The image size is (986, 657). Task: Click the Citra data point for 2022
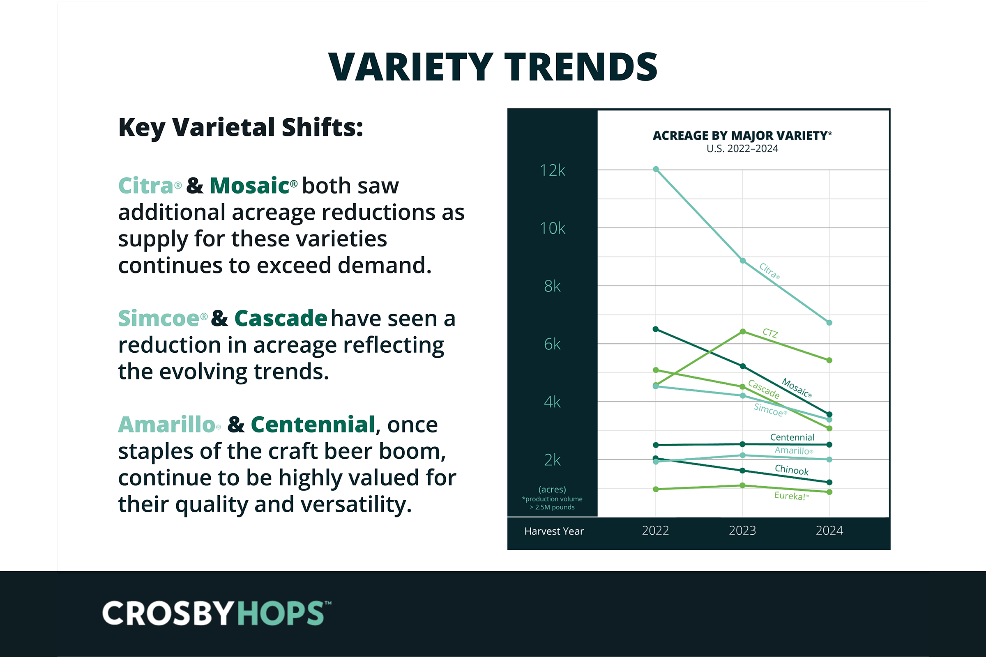point(656,169)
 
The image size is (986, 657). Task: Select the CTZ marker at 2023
point(742,331)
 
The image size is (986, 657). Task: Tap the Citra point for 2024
point(829,323)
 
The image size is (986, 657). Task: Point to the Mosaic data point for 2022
point(656,329)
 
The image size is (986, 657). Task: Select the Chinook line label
point(792,470)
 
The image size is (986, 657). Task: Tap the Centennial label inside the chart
point(792,437)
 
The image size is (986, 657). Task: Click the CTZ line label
point(770,333)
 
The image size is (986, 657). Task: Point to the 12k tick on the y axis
point(553,170)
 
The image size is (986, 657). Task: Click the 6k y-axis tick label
point(553,345)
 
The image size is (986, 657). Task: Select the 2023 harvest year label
point(742,531)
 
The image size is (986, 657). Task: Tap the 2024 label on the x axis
point(829,531)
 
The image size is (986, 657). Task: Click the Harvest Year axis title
point(554,531)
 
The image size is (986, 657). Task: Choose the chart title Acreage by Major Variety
point(742,136)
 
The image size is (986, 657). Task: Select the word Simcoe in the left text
point(159,319)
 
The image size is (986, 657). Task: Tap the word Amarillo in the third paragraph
point(166,425)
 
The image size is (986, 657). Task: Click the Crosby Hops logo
point(217,613)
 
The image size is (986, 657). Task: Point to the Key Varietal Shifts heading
point(241,127)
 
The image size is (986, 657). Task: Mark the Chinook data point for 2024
point(829,482)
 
